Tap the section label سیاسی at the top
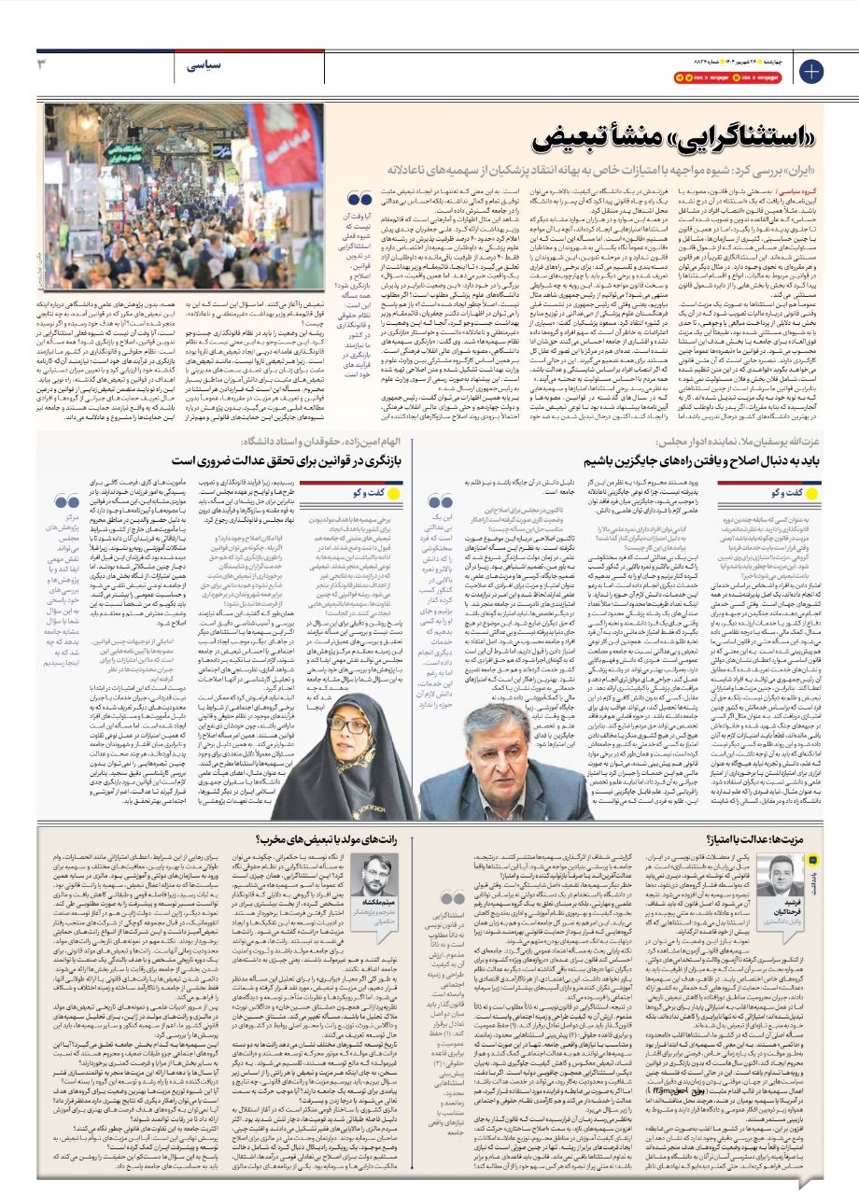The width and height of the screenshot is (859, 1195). coord(204,65)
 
